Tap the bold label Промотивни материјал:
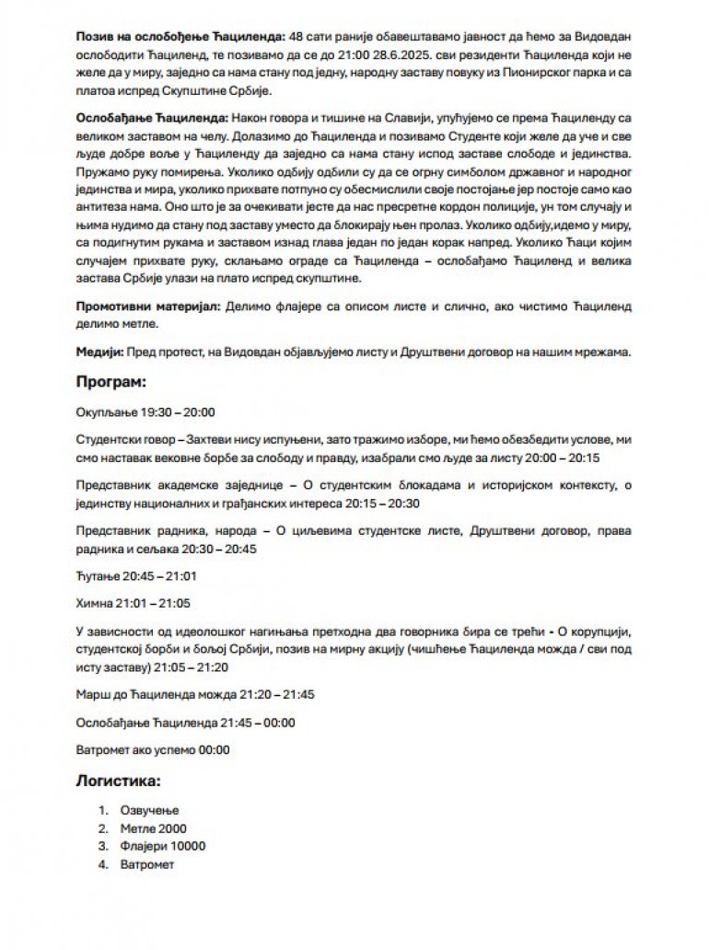pyautogui.click(x=148, y=304)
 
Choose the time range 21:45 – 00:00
pyautogui.click(x=255, y=723)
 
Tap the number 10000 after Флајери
pyautogui.click(x=187, y=847)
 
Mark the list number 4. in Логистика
pyautogui.click(x=103, y=865)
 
